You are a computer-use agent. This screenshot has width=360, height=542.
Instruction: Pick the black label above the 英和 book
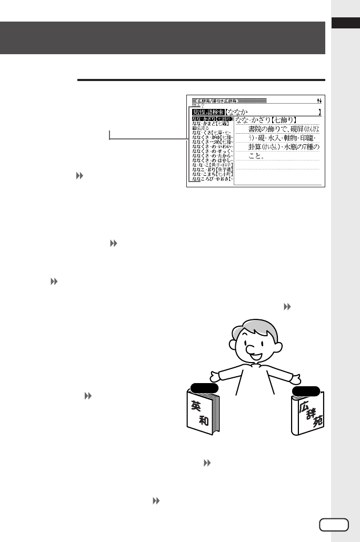point(205,388)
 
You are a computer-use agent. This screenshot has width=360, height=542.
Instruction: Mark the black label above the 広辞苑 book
point(306,390)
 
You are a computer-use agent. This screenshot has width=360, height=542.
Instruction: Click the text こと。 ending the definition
point(256,156)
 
